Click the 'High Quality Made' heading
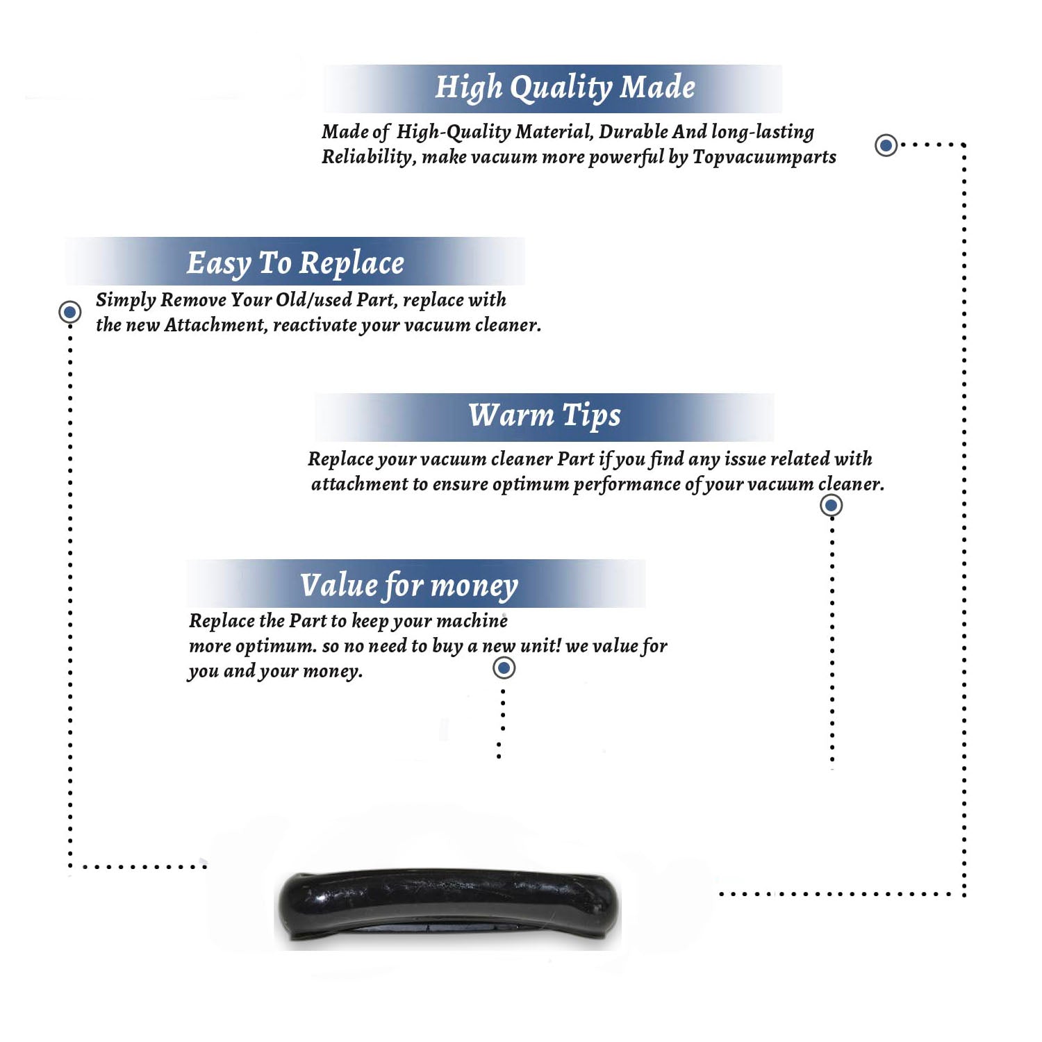(565, 88)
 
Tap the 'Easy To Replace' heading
(295, 264)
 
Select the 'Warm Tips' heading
(545, 415)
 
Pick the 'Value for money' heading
(409, 586)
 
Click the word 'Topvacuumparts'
(764, 157)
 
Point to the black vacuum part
(449, 905)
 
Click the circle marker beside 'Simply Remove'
(69, 312)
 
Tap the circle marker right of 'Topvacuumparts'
(886, 145)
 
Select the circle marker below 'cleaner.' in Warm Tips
(832, 505)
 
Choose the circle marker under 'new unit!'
(504, 668)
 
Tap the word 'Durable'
(634, 132)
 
